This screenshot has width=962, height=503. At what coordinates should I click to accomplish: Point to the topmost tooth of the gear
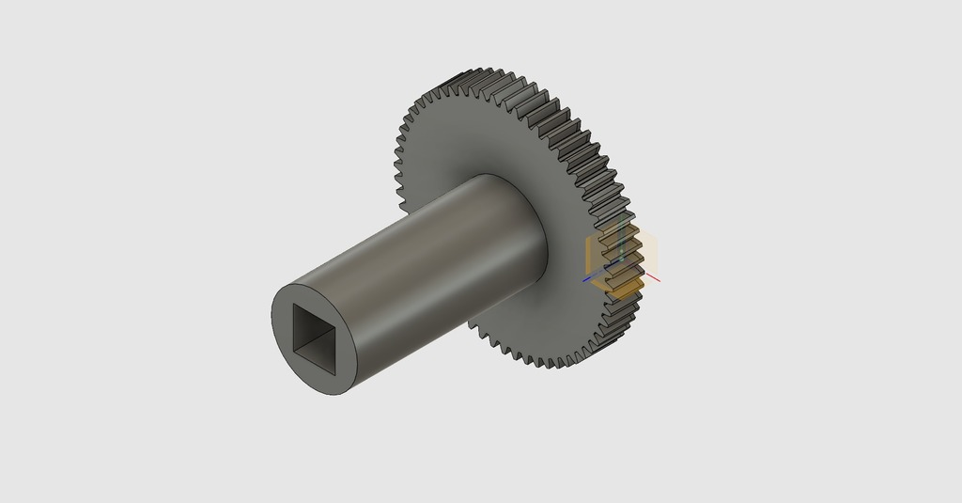click(485, 71)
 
